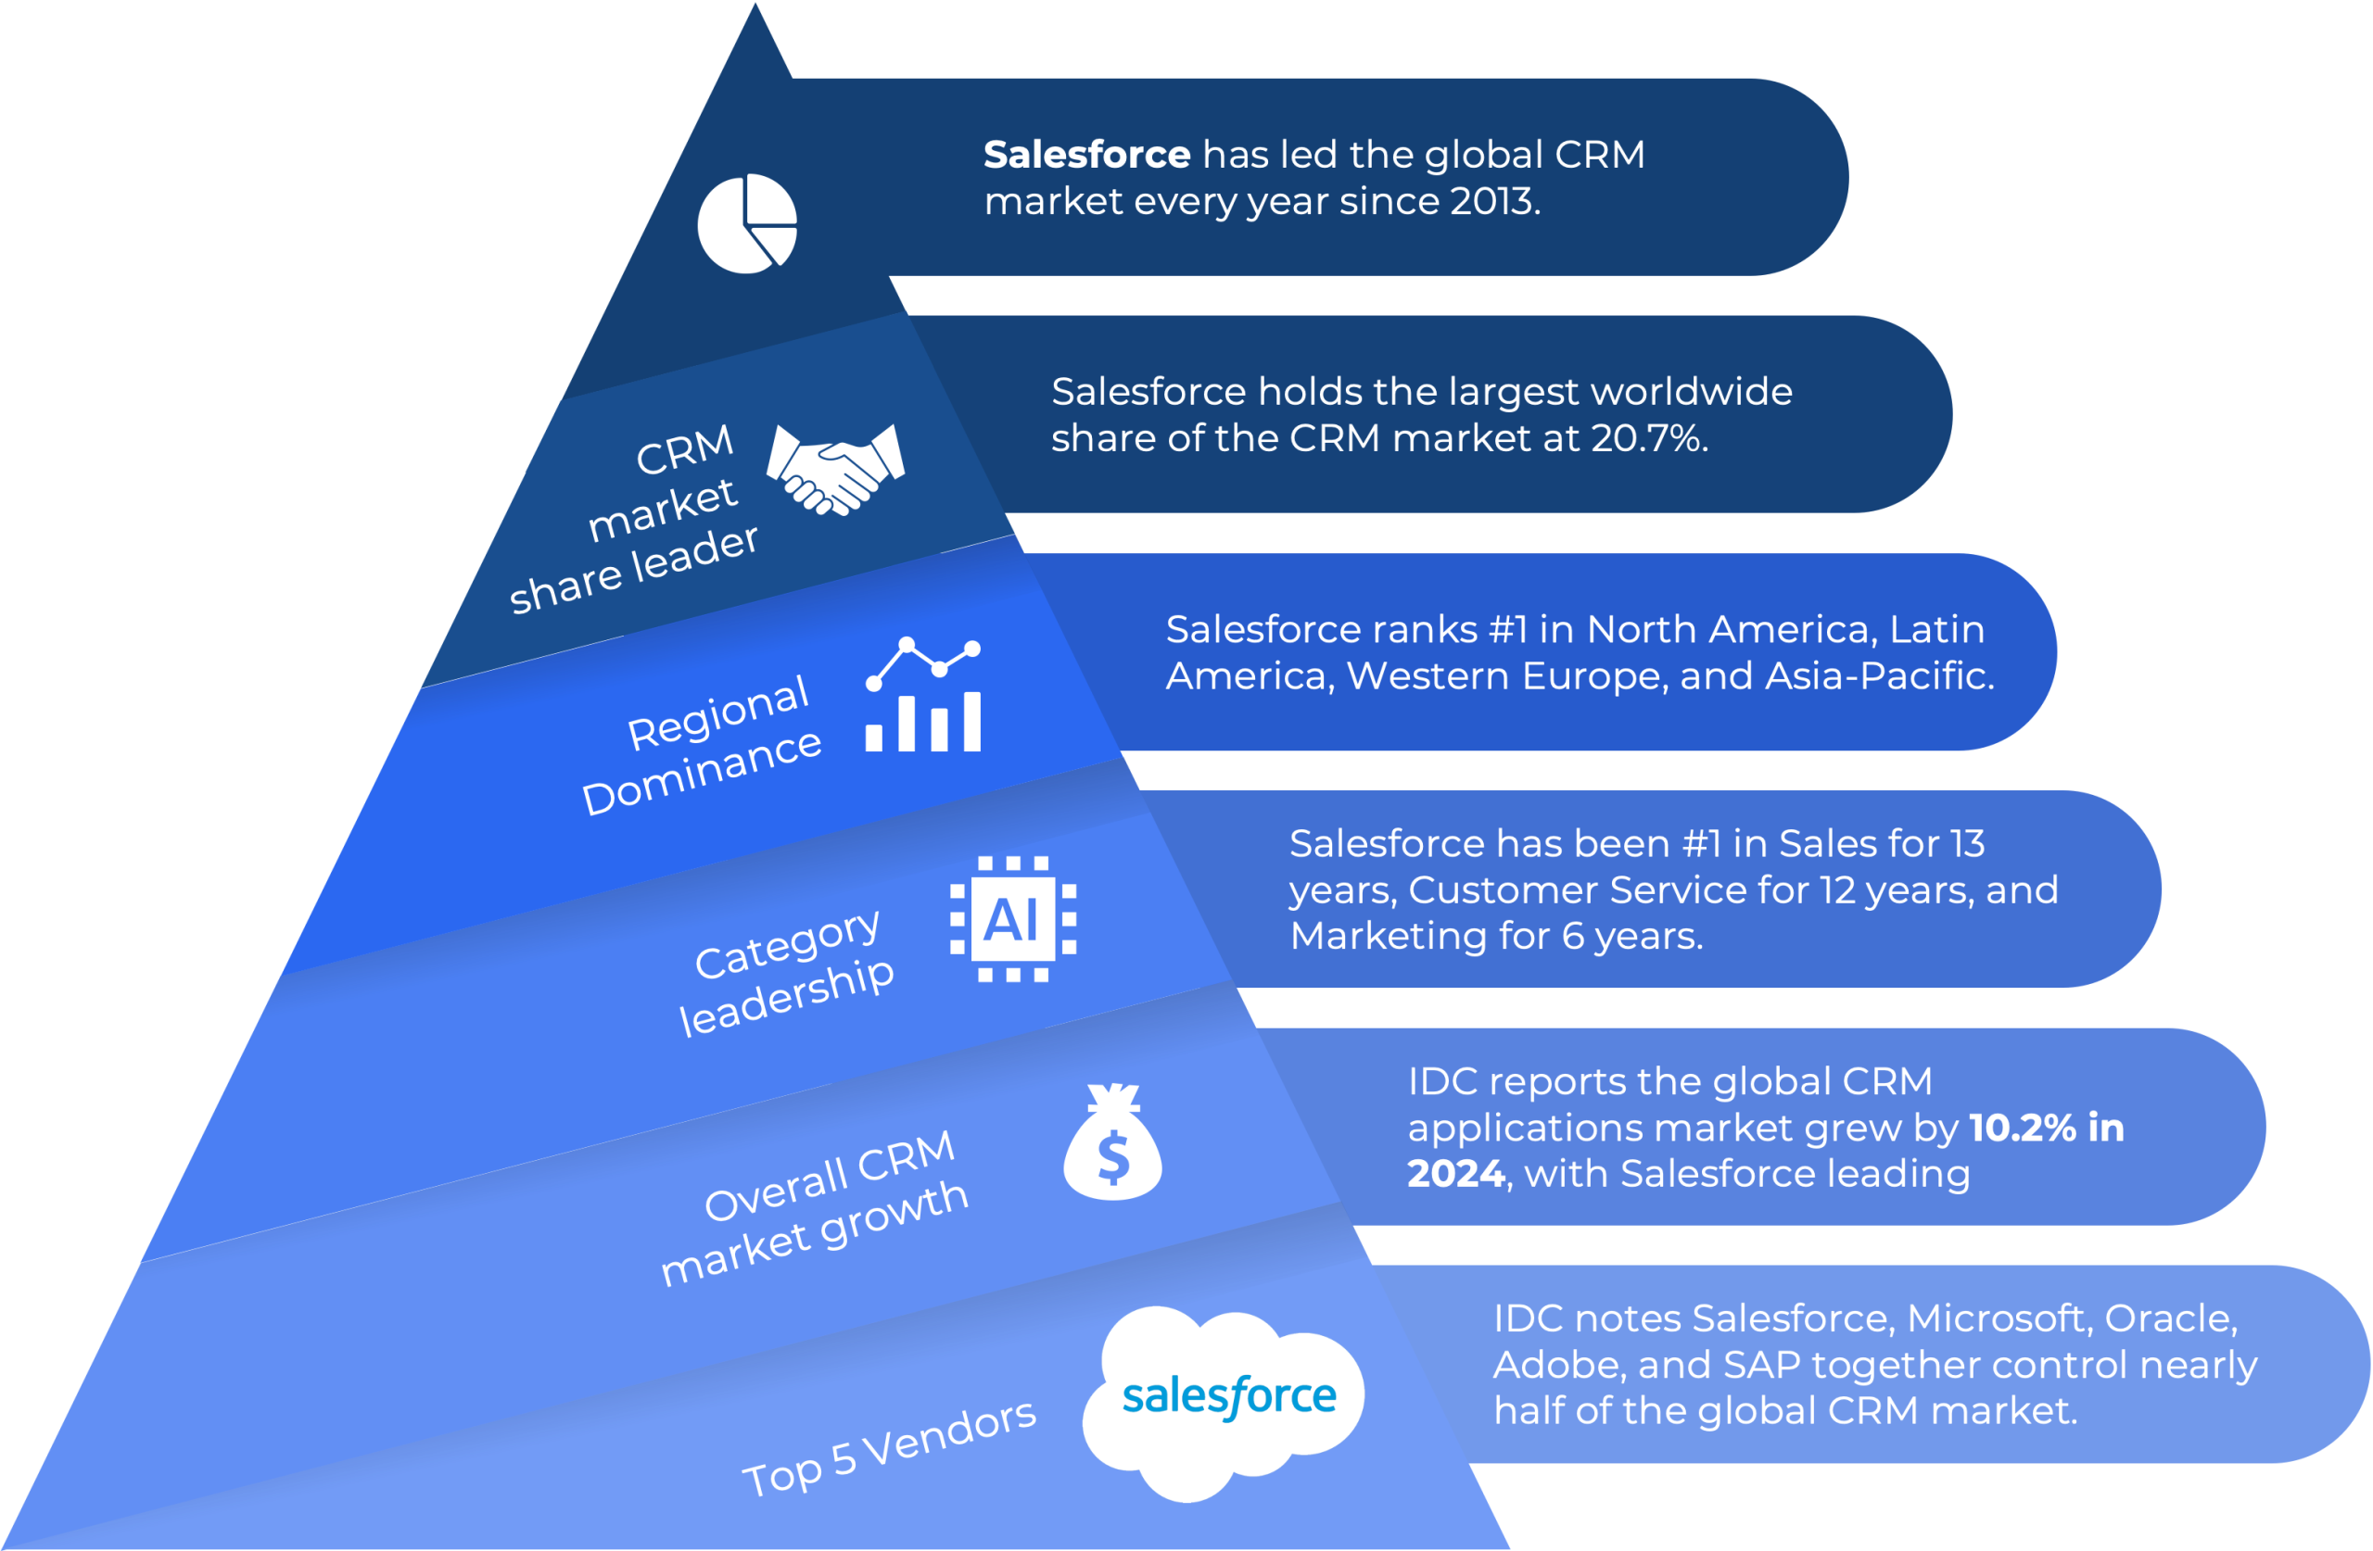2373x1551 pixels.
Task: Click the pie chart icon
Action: (x=747, y=223)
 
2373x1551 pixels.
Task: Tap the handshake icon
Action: (x=835, y=468)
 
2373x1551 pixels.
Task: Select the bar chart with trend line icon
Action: (x=923, y=695)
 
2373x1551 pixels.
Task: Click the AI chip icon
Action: (x=1013, y=918)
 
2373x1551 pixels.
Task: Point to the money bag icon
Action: (x=1112, y=1142)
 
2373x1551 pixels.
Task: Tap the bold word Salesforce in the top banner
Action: (x=1086, y=155)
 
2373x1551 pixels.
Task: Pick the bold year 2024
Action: (x=1454, y=1174)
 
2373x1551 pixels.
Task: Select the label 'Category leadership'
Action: (x=788, y=972)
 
